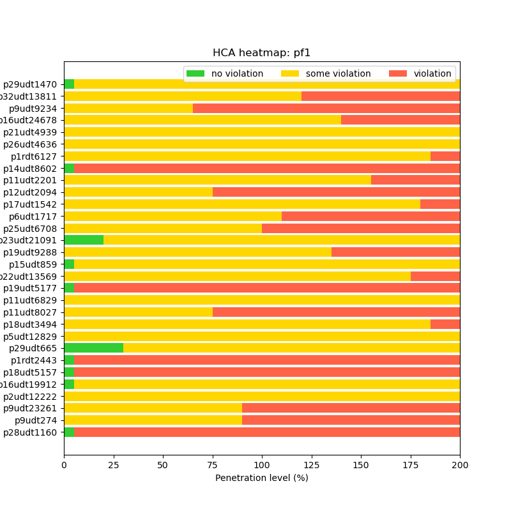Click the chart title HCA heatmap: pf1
(261, 53)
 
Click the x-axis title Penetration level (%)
(261, 478)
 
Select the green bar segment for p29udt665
(93, 348)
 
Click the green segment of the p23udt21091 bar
(84, 240)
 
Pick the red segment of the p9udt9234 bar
(326, 109)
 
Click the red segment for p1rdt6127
(445, 156)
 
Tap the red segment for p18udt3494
(445, 324)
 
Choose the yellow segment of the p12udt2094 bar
(138, 192)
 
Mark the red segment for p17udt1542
(440, 204)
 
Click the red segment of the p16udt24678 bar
(400, 120)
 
